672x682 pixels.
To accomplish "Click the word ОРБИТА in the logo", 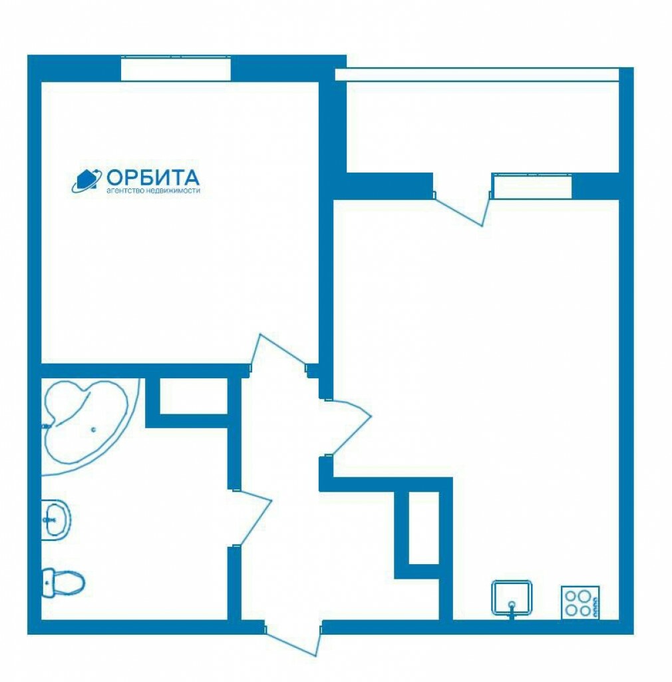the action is coord(153,177).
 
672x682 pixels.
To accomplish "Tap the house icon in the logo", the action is coord(87,180).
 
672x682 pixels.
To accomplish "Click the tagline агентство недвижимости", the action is coord(153,190).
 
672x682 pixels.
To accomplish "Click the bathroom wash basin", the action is coord(56,519).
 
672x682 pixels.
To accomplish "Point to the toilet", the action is coord(63,583).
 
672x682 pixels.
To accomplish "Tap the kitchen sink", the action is coord(512,599).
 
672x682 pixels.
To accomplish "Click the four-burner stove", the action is coord(580,603).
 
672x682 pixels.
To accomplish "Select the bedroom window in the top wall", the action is coord(176,69).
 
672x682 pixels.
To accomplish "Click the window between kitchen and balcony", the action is coord(532,186).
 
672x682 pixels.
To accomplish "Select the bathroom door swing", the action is coord(252,517).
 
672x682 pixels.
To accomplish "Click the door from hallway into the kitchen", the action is coord(347,428).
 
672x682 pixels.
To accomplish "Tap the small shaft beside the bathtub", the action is coord(194,396).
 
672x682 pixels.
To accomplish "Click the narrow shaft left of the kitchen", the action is coord(424,527).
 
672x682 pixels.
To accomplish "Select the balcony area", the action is coord(482,126).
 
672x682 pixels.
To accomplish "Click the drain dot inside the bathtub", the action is coord(93,430).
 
